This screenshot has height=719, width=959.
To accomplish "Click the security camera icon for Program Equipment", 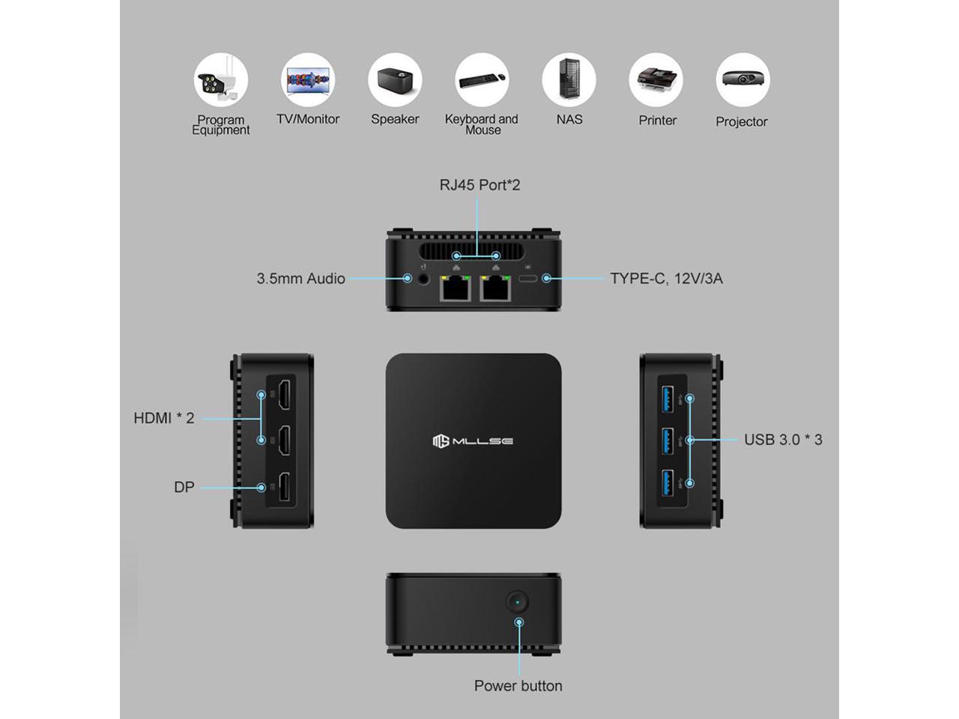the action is click(x=221, y=79).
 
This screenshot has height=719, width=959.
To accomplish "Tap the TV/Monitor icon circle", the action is click(x=308, y=79).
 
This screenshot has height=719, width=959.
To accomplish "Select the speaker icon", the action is click(x=395, y=79).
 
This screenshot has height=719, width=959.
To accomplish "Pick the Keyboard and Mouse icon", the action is click(x=482, y=79).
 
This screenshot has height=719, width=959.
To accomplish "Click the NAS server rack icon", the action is click(x=569, y=79).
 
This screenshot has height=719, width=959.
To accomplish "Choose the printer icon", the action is click(x=656, y=79).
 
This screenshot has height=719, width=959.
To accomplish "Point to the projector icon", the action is click(x=742, y=79).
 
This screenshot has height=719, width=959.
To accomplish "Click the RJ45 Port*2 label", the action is click(x=479, y=185).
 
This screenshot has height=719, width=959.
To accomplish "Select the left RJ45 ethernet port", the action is click(x=454, y=288).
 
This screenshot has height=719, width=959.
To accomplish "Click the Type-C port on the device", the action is click(x=529, y=279).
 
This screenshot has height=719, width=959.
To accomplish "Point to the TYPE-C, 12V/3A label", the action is click(x=666, y=279).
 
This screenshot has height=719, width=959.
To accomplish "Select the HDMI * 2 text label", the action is click(x=164, y=418).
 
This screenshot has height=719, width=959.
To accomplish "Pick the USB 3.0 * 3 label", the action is click(x=783, y=440).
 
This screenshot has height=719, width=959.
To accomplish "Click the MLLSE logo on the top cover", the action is click(x=473, y=441).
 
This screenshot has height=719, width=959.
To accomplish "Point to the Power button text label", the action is click(x=518, y=685).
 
